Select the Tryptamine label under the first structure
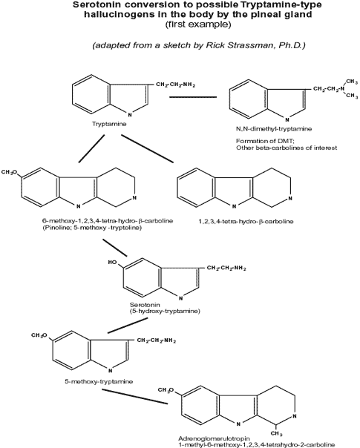click(x=109, y=124)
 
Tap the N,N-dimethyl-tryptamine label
click(x=274, y=129)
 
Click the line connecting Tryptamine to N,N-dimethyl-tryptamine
click(x=193, y=97)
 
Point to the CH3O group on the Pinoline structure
click(x=9, y=172)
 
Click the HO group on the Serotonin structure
click(x=113, y=263)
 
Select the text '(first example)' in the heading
click(x=198, y=24)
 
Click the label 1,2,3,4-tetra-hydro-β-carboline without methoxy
click(x=246, y=222)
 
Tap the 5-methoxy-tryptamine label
click(x=99, y=382)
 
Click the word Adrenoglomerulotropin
click(x=215, y=438)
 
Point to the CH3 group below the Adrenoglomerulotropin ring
click(x=277, y=434)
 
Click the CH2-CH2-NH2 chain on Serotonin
click(x=226, y=268)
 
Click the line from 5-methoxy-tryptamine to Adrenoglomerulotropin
click(x=134, y=397)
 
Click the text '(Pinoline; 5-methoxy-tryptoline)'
click(x=92, y=228)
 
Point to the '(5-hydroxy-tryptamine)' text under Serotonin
click(x=165, y=311)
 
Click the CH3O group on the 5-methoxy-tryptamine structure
click(x=39, y=335)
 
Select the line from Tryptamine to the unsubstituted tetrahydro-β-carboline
click(x=147, y=148)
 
